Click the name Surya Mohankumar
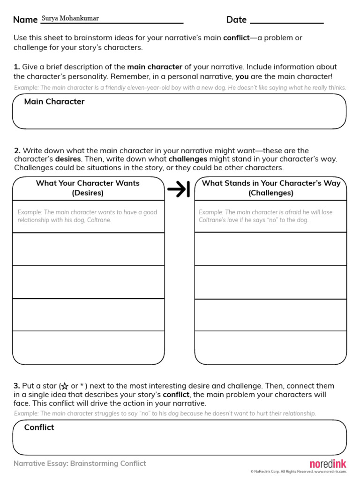pos(70,18)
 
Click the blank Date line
pos(287,21)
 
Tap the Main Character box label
pos(54,102)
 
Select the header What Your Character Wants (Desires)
pos(88,188)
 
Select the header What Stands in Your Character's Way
pos(271,188)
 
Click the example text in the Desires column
pos(88,216)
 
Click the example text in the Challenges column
pos(266,216)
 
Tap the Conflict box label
pos(39,427)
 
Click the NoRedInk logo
pos(328,463)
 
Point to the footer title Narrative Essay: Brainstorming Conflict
pos(80,464)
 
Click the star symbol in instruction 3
pos(65,386)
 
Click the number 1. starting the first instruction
pos(17,67)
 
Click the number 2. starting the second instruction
pos(17,150)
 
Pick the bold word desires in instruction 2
pos(68,159)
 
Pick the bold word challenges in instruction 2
pos(188,159)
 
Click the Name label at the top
pos(25,20)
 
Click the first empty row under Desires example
pos(89,249)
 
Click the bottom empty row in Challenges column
pos(270,347)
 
